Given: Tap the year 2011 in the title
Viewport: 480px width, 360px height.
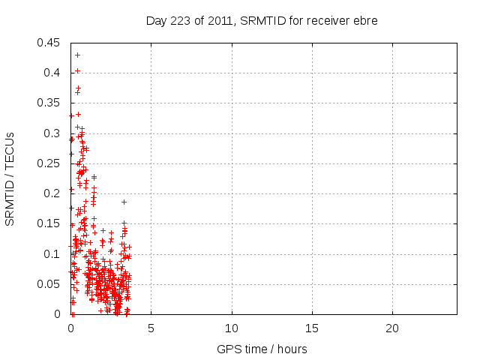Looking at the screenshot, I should click(x=217, y=20).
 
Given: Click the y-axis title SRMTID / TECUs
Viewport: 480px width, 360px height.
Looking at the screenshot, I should click(x=10, y=178).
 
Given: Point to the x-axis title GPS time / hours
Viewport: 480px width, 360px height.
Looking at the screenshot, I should click(x=262, y=349).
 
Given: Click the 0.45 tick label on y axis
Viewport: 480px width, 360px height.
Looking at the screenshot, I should click(x=50, y=43).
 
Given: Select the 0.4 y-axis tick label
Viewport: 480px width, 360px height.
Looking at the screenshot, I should click(x=53, y=73).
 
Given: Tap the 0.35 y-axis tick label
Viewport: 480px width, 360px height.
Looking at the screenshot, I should click(x=50, y=103).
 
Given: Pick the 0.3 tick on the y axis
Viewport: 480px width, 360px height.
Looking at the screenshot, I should click(x=53, y=133).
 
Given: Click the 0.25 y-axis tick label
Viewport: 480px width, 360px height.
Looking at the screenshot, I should click(x=50, y=163).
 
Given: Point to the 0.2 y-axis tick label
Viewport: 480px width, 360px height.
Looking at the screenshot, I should click(x=53, y=193).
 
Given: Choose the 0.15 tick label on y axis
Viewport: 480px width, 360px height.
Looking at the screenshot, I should click(x=50, y=223).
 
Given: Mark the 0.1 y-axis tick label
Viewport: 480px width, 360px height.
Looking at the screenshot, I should click(x=53, y=253).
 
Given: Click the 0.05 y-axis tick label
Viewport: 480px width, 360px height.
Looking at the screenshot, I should click(x=50, y=284).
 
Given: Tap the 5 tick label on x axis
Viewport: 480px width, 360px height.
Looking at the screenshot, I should click(x=151, y=328).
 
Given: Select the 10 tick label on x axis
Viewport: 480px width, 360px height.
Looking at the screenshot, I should click(x=232, y=328).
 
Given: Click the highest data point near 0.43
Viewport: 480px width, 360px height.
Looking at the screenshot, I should click(x=77, y=55).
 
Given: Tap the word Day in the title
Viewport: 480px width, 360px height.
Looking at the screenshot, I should click(x=156, y=20).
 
